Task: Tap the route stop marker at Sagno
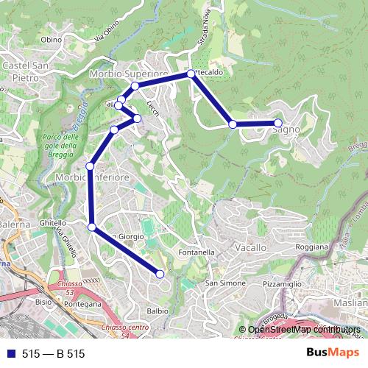[x=278, y=123]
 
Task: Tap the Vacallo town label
[x=251, y=249]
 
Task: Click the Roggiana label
[x=311, y=248]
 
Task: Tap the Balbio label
[x=157, y=311]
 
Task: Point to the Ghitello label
[x=52, y=222]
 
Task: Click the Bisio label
[x=43, y=300]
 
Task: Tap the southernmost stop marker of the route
[x=160, y=275]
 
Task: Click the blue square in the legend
[x=11, y=354]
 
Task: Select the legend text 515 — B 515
[x=54, y=354]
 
